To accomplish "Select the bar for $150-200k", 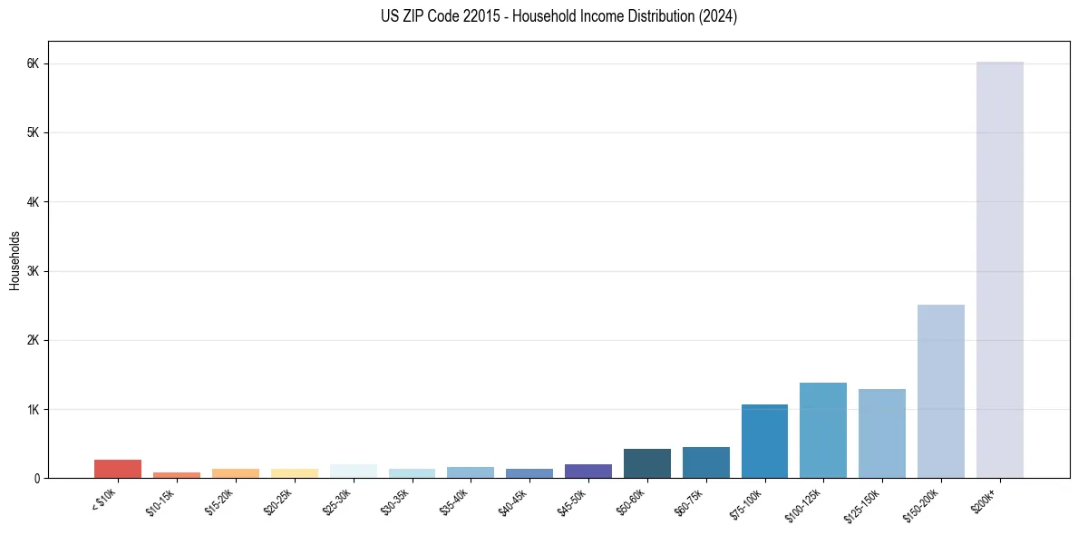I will (x=940, y=391).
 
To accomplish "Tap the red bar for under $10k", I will (x=118, y=469).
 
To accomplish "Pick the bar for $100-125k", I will (x=822, y=430).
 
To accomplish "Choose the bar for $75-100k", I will (x=764, y=441).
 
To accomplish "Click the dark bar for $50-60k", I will (x=646, y=463).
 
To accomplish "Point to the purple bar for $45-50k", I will (x=588, y=471).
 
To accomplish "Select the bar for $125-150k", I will (x=881, y=433).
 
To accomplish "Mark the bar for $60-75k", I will (x=705, y=462).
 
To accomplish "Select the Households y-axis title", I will (x=15, y=260).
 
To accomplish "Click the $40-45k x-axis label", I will (x=511, y=500).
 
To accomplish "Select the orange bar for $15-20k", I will (x=235, y=472).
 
